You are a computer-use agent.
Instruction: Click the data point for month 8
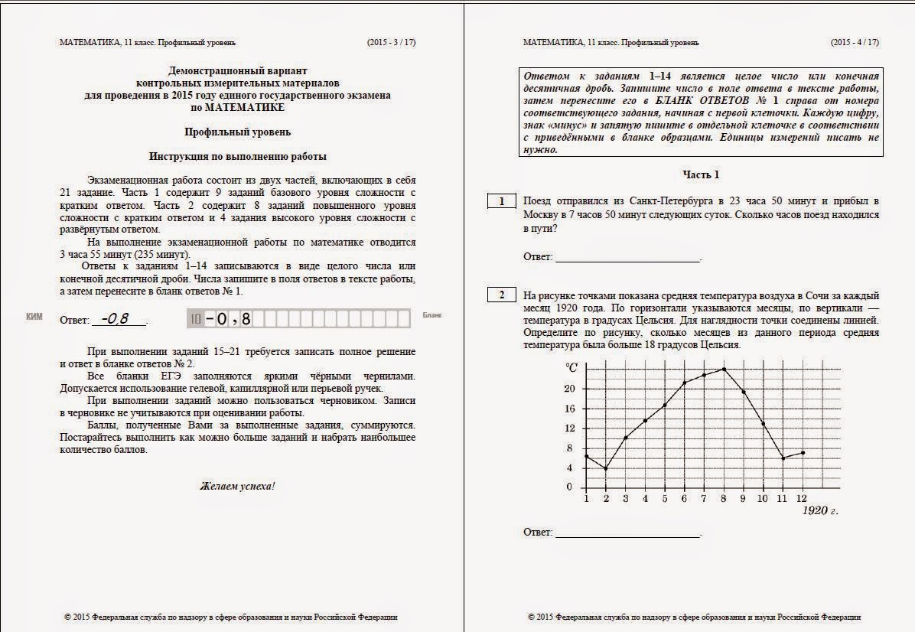(x=724, y=370)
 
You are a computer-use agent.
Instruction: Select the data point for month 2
(x=606, y=468)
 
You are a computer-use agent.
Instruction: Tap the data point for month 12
(x=802, y=453)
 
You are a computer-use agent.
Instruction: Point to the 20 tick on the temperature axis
(x=568, y=389)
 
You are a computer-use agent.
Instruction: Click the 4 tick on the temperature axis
(x=568, y=467)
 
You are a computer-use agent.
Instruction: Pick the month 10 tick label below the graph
(x=762, y=499)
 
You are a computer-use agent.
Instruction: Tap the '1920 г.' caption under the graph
(x=819, y=510)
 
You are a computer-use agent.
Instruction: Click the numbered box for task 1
(x=502, y=201)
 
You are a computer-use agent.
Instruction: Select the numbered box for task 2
(x=502, y=295)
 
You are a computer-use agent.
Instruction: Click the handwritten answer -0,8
(x=114, y=318)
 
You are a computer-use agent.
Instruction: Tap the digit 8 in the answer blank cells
(x=246, y=318)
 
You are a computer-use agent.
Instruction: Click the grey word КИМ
(x=34, y=315)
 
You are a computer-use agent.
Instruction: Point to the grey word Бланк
(x=432, y=315)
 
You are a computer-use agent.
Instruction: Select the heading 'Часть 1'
(x=701, y=175)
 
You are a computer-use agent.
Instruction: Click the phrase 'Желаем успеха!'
(x=237, y=486)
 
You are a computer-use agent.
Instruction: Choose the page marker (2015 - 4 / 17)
(x=855, y=43)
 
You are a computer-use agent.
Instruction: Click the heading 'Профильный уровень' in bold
(x=237, y=132)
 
